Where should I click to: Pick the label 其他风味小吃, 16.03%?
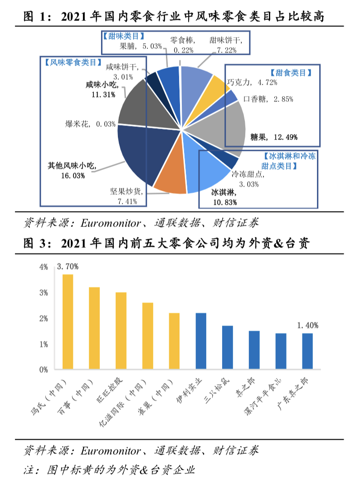coord(73,170)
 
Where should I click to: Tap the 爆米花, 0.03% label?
coord(90,123)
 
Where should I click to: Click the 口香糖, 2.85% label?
coord(268,98)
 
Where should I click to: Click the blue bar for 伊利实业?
coord(201,341)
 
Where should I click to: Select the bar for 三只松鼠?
coord(228,347)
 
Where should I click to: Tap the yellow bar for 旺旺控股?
coord(121,331)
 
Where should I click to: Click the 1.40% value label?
coord(307,325)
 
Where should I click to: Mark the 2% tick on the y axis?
coord(44,318)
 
